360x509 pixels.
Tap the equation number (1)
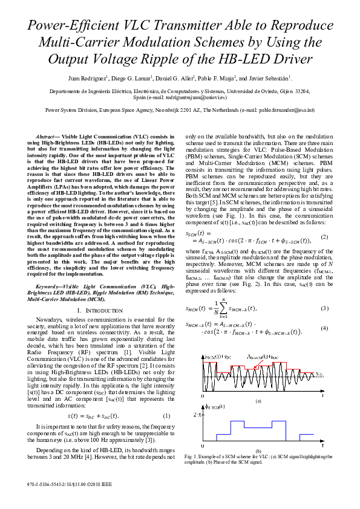coord(167,416)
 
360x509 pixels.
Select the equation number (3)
coord(324,308)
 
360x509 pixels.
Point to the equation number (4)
coord(324,328)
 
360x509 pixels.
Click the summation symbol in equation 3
coord(223,308)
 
